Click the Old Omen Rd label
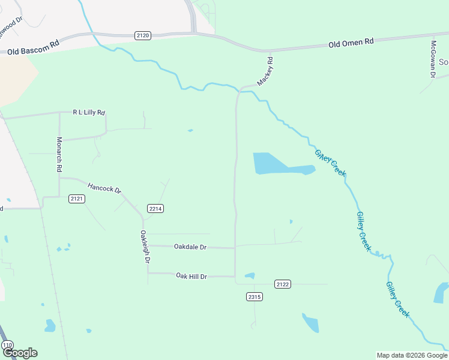point(351,43)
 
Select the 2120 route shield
point(143,36)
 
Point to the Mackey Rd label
point(265,71)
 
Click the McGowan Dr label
point(432,59)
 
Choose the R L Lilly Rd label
point(89,112)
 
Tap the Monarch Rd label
point(59,155)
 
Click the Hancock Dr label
point(104,188)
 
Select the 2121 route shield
point(76,199)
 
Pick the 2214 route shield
point(155,209)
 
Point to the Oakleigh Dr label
point(145,247)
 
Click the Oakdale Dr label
point(190,247)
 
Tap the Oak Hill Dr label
point(191,276)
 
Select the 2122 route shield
point(283,284)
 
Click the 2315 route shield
point(255,296)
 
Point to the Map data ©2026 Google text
point(412,355)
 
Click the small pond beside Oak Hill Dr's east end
point(250,276)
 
